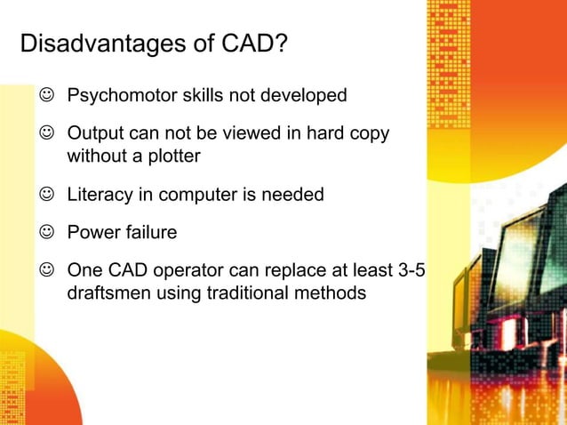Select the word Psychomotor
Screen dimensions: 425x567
[x=124, y=94]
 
